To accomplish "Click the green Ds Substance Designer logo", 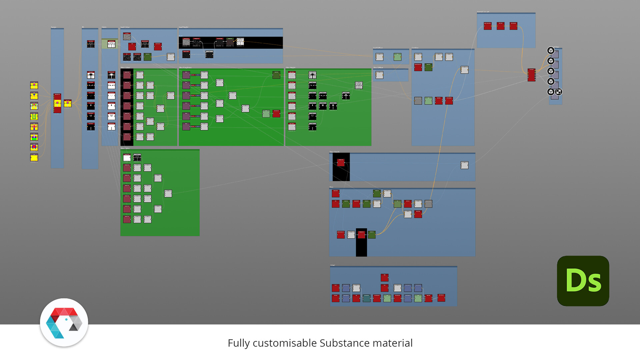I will click(583, 281).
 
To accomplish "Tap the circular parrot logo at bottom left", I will click(64, 322).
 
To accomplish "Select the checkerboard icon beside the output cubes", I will click(559, 92).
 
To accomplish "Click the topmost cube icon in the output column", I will click(551, 51).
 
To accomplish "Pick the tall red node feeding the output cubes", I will click(531, 75).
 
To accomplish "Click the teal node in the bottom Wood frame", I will click(366, 298).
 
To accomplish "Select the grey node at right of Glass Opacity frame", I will click(464, 165).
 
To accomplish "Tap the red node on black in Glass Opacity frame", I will click(341, 162).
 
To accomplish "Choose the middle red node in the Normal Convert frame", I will click(500, 26).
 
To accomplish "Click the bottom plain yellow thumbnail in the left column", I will click(34, 158).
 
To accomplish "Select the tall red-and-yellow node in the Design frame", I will click(57, 103).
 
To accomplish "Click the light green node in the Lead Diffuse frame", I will click(397, 57).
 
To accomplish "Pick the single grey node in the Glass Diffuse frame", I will click(379, 75).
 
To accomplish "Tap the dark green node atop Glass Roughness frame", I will click(276, 75).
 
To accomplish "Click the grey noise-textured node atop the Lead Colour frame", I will click(127, 36).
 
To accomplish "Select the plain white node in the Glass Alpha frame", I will click(127, 158).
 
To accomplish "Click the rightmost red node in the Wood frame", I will click(441, 298).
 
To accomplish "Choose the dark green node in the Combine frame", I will click(428, 67).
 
